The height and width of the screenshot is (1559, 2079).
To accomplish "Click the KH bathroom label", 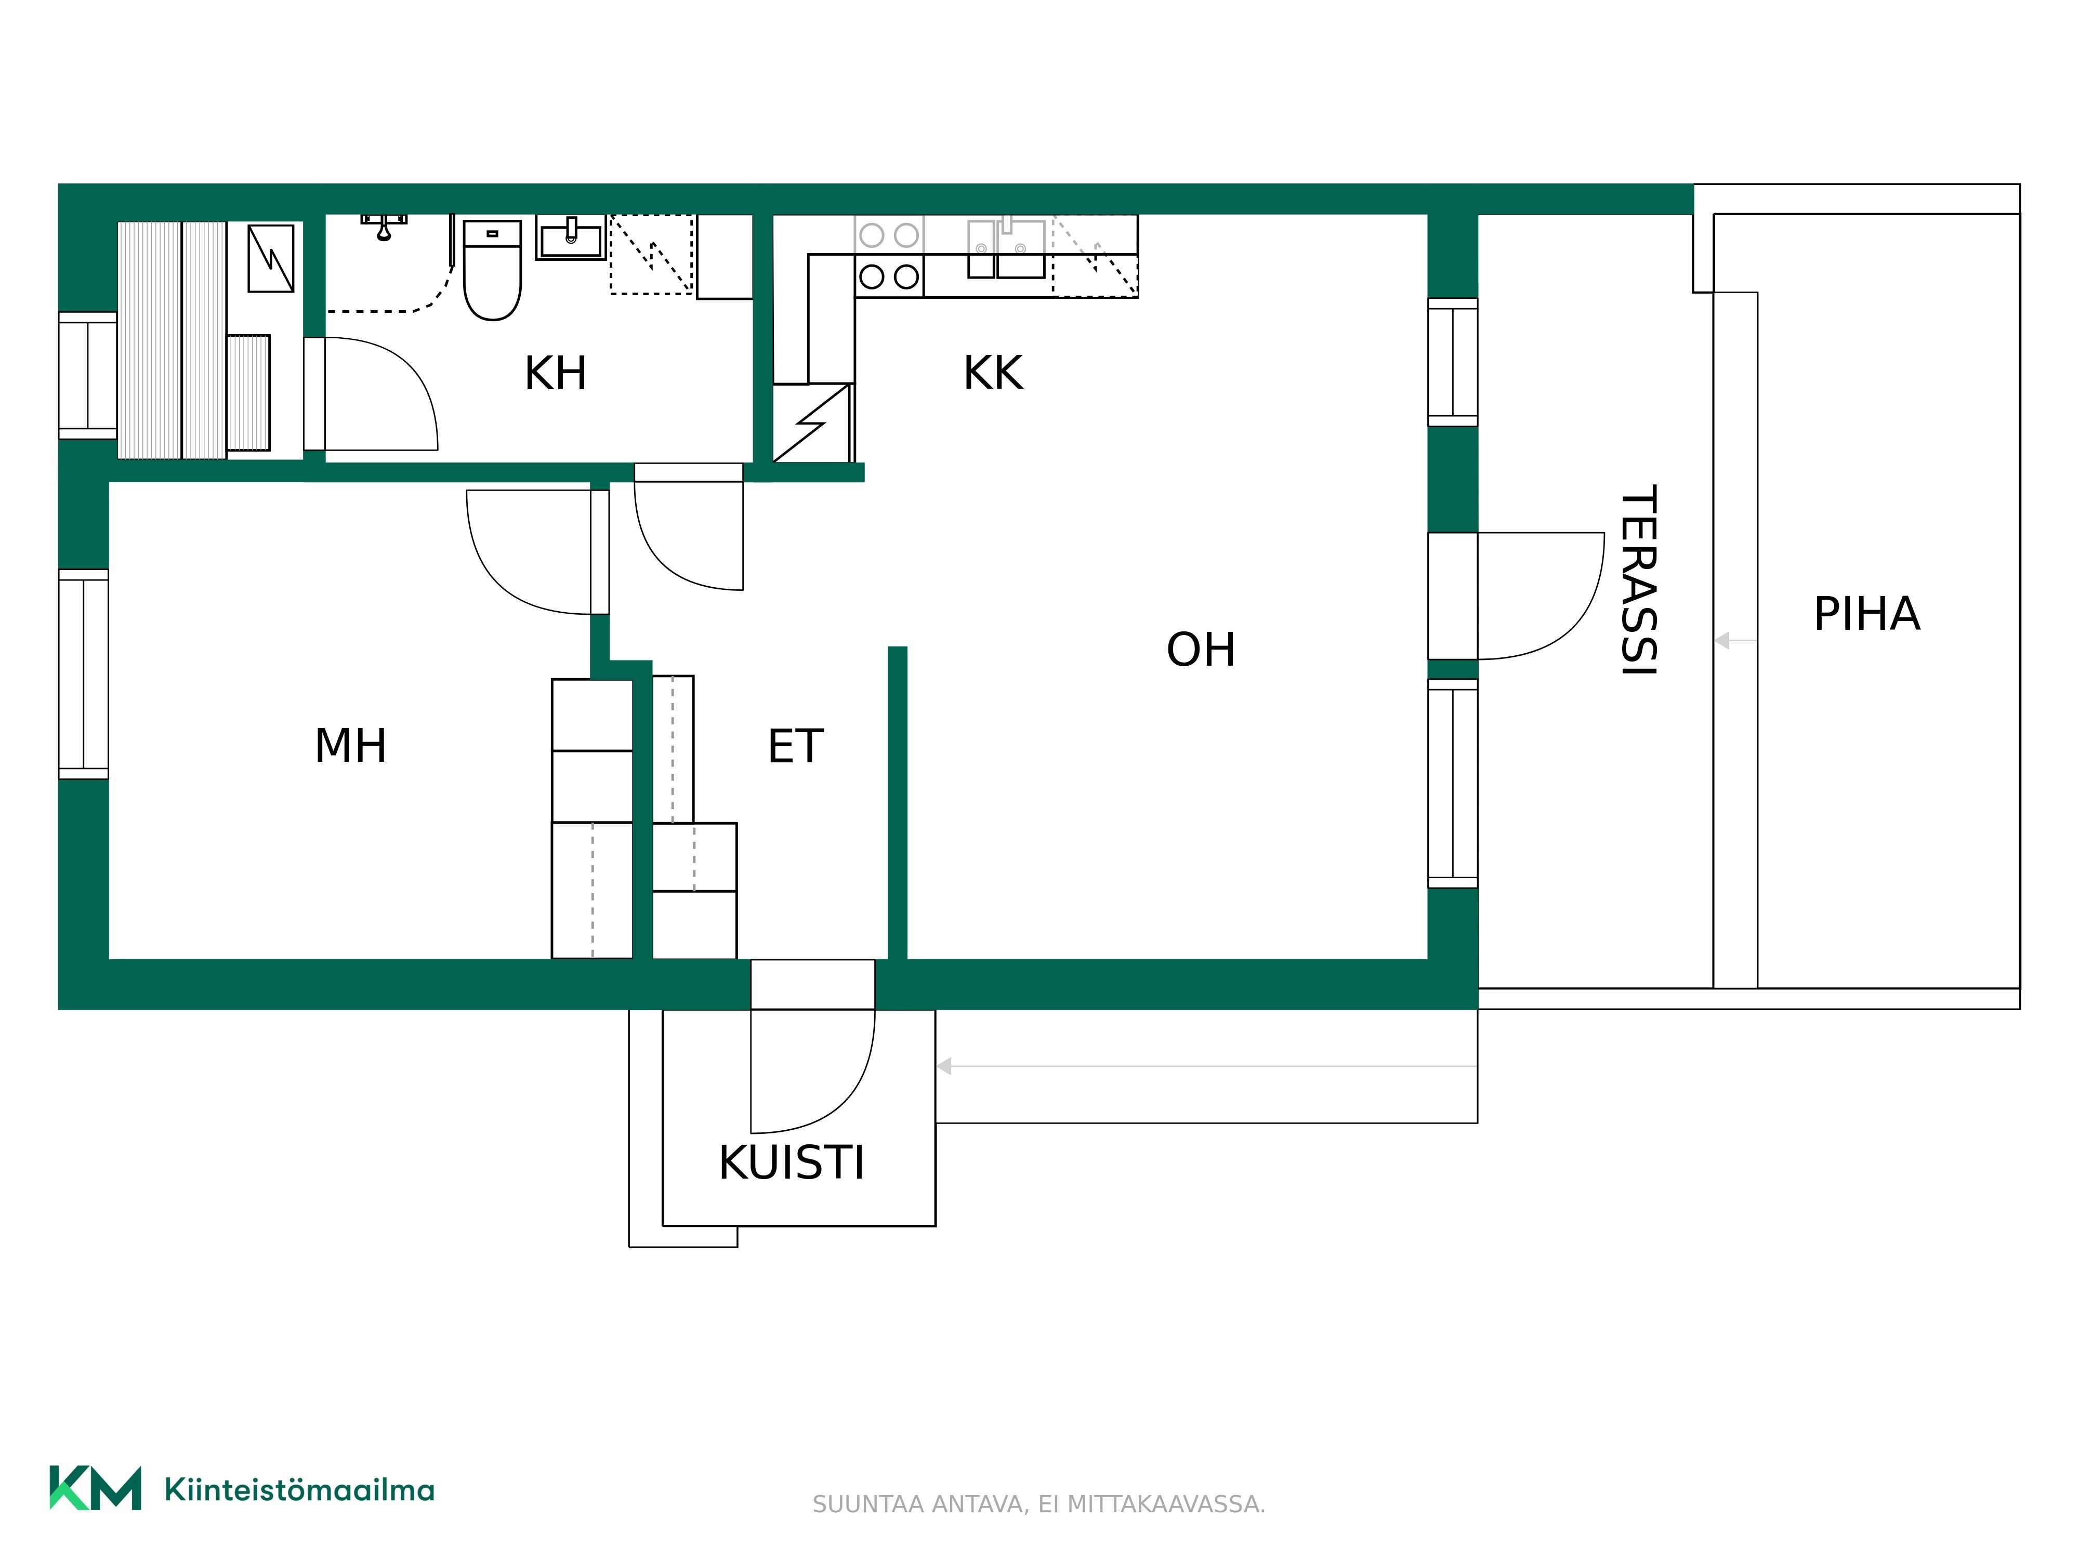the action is point(556,373).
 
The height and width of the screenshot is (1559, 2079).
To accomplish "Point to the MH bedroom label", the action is point(351,746).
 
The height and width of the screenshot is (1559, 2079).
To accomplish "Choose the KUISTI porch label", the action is point(792,1164).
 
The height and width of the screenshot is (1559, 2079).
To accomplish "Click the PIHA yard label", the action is point(1866,615).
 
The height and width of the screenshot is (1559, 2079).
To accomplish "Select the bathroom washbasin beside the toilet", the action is point(571,237).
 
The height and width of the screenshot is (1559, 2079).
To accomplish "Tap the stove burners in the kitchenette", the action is point(889,256).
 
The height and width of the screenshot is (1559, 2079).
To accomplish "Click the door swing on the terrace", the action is point(1542,596).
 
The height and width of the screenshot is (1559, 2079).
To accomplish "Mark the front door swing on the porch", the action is point(813,1071).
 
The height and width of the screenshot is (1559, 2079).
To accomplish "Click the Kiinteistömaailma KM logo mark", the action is point(95,1488).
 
